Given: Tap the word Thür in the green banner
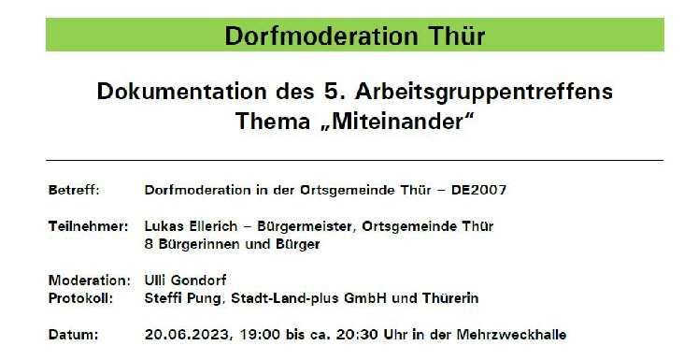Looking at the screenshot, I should [457, 36].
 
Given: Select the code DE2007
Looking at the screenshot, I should [478, 190].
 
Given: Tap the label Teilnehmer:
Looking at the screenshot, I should [86, 226].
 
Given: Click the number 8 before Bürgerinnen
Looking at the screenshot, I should [149, 244].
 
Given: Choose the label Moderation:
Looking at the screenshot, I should [89, 281].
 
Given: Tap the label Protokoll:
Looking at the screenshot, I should [79, 298].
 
